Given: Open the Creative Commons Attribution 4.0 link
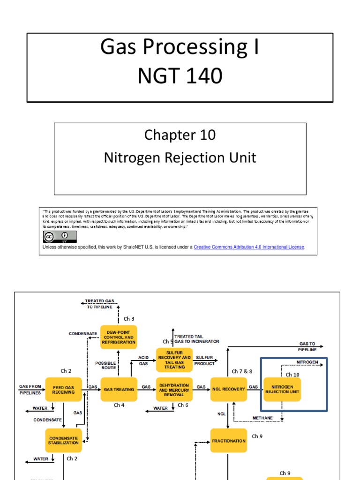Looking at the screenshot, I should pyautogui.click(x=249, y=247).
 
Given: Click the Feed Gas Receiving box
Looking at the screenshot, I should pyautogui.click(x=63, y=389).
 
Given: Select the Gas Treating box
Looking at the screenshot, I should pyautogui.click(x=119, y=389).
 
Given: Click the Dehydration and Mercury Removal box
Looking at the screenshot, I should pyautogui.click(x=174, y=389).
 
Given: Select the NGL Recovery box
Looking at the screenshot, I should pyautogui.click(x=228, y=389).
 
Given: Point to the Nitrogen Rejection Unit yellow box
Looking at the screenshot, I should pyautogui.click(x=282, y=389).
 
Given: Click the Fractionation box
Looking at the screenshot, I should pyautogui.click(x=228, y=441).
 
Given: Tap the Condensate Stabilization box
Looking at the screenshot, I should pyautogui.click(x=63, y=441).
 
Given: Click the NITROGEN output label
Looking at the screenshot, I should pyautogui.click(x=307, y=362).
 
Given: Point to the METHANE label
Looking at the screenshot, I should pyautogui.click(x=262, y=418).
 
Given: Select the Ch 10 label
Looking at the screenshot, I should pyautogui.click(x=292, y=375).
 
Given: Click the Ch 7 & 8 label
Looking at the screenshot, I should pyautogui.click(x=242, y=371).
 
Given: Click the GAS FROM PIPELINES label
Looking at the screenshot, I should pyautogui.click(x=30, y=389).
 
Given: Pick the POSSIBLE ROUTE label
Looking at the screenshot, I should pyautogui.click(x=105, y=366).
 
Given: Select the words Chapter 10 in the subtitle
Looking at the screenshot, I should pyautogui.click(x=180, y=135).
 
